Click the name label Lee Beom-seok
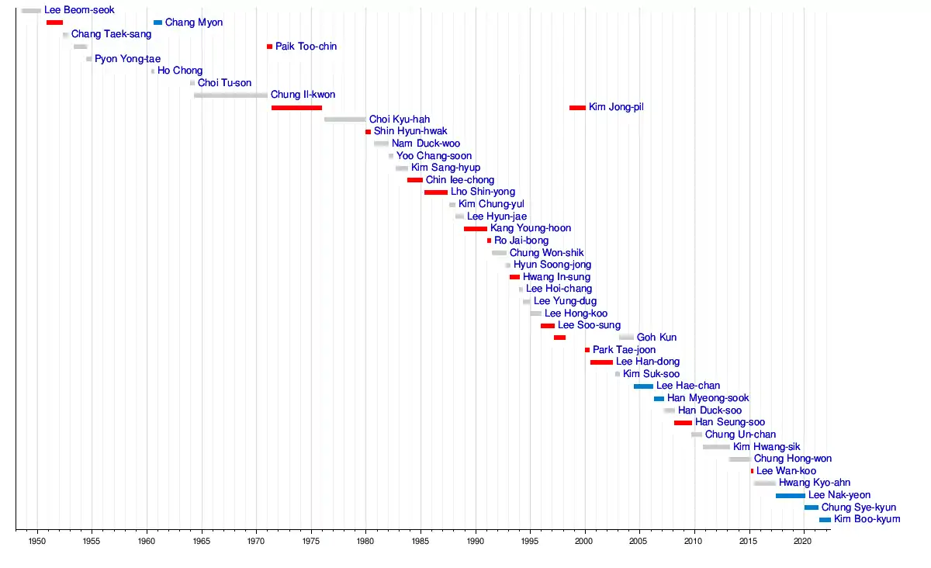[79, 10]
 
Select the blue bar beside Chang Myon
[158, 23]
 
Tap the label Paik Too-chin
[306, 47]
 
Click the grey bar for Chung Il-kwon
[230, 95]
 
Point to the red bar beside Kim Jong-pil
[577, 107]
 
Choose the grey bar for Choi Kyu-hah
[344, 119]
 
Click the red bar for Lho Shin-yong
[435, 192]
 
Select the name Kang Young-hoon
[531, 228]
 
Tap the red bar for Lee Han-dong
[601, 362]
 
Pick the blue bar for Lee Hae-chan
[643, 386]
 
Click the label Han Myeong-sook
[708, 398]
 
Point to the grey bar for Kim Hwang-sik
[716, 446]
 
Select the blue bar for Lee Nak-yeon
[790, 495]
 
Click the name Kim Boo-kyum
[867, 519]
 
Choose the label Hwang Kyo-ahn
[815, 483]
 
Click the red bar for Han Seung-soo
[683, 422]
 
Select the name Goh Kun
[656, 338]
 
